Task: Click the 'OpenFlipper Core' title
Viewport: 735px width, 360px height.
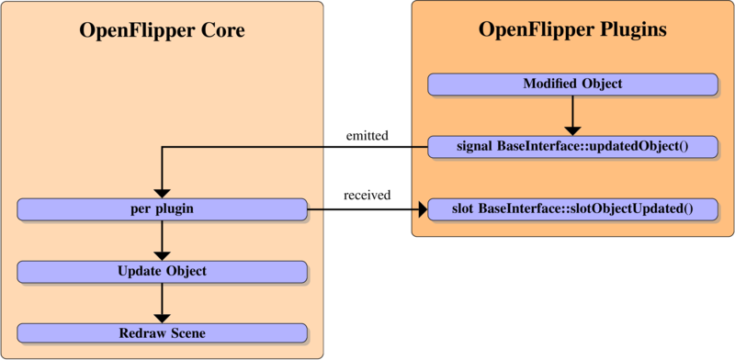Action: [x=162, y=32]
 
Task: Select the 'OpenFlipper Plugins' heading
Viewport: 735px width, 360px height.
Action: [x=572, y=30]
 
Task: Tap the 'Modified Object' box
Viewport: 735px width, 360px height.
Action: [x=572, y=84]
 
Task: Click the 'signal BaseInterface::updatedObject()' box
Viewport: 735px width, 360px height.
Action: [x=572, y=147]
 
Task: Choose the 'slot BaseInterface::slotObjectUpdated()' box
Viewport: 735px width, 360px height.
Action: [x=572, y=209]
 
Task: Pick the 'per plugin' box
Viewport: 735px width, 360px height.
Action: [x=162, y=209]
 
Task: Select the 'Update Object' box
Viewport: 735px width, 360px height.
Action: [x=162, y=272]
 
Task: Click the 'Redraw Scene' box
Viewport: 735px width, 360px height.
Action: [x=162, y=332]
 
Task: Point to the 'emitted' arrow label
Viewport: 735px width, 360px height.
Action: [x=367, y=136]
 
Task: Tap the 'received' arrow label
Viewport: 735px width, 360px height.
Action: [x=367, y=196]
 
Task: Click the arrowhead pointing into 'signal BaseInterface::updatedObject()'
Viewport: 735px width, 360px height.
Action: [x=572, y=129]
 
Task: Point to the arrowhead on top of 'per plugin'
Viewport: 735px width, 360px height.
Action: [x=162, y=192]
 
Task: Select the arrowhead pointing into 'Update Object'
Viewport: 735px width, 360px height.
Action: [x=162, y=254]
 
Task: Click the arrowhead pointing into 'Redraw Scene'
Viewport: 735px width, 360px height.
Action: [x=162, y=316]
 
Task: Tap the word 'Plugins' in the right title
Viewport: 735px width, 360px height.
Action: [x=632, y=30]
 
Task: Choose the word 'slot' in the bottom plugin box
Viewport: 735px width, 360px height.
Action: [x=465, y=209]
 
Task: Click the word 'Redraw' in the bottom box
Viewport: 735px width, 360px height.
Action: [x=141, y=332]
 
